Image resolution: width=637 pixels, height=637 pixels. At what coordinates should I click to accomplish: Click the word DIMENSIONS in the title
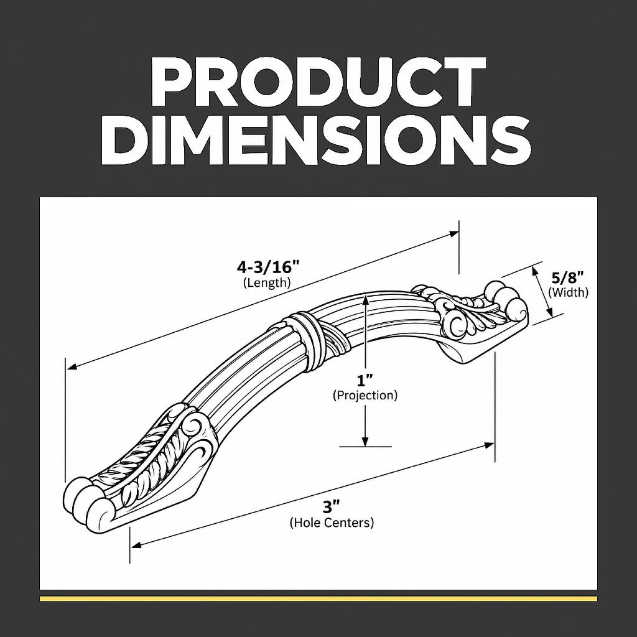point(316,141)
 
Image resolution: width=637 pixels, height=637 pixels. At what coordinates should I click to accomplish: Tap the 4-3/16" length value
point(268,267)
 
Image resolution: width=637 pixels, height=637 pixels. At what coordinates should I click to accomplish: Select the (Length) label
point(267,282)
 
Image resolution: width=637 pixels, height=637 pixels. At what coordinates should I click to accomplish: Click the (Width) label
point(568,292)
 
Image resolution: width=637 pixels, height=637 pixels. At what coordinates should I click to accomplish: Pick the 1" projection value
point(365,381)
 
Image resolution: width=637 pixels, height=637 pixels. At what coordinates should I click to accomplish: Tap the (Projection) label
point(365,395)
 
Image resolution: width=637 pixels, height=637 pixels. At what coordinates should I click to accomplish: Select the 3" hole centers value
point(331,508)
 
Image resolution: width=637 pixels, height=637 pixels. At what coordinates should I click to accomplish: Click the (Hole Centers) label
point(332,523)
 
